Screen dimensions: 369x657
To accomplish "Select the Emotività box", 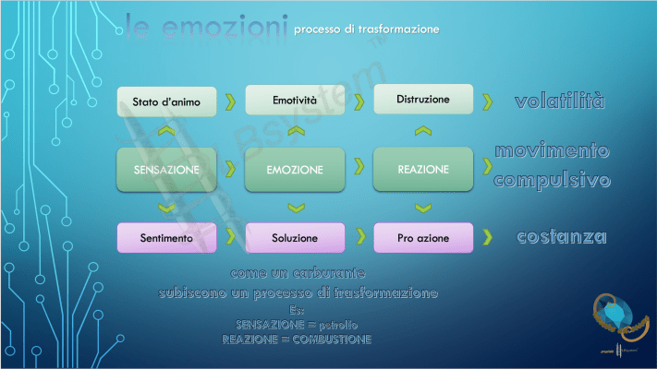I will coord(295,99).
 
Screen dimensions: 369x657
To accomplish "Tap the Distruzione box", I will coord(422,99).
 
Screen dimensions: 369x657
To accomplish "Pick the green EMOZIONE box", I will coord(295,170).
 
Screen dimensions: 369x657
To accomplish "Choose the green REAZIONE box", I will coord(423,170).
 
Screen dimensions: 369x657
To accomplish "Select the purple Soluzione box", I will coord(295,238).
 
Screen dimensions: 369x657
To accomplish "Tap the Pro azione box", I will coord(423,238).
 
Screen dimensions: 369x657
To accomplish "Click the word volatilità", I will coord(560,101).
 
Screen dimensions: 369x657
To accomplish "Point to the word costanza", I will coord(562,237).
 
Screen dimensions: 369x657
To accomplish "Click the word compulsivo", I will coord(552,180).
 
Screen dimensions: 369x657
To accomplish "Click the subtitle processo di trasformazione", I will coord(366,30).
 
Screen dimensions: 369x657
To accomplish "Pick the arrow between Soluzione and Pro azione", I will coord(359,238).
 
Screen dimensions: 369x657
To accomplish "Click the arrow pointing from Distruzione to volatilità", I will coord(487,100).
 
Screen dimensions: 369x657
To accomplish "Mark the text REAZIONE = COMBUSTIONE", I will coord(297,339).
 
